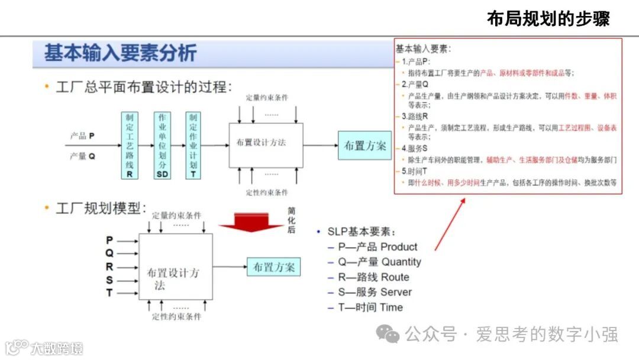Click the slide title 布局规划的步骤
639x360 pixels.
548,19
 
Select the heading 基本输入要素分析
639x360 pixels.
120,54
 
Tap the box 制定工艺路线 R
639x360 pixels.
129,145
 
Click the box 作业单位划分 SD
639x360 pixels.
162,145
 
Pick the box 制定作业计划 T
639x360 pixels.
193,145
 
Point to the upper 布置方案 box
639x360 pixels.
364,145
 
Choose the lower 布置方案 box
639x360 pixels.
273,267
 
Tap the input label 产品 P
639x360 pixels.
82,136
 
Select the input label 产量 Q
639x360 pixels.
82,156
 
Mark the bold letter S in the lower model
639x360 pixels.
109,280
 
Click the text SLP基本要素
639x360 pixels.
362,232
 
